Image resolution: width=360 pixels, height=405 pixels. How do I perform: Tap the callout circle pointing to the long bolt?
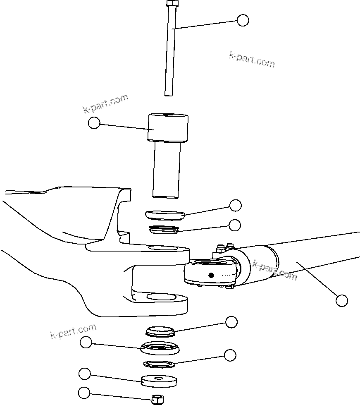click(243, 20)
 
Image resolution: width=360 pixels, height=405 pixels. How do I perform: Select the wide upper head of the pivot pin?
click(169, 127)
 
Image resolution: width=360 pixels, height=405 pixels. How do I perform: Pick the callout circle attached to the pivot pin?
click(94, 122)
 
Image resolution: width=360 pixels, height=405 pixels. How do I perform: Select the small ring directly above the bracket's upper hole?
click(164, 229)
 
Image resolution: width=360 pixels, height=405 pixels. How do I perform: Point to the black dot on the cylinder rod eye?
click(211, 275)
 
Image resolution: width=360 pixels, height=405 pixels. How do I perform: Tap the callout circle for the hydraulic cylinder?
click(341, 300)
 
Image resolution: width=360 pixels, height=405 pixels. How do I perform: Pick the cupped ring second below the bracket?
click(160, 348)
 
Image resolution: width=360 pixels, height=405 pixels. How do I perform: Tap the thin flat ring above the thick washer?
click(160, 364)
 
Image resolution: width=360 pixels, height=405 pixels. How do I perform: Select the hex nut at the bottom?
click(157, 399)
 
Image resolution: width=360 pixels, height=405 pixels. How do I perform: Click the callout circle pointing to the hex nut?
click(84, 393)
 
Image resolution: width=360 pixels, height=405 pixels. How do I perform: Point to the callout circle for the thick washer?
click(84, 374)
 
